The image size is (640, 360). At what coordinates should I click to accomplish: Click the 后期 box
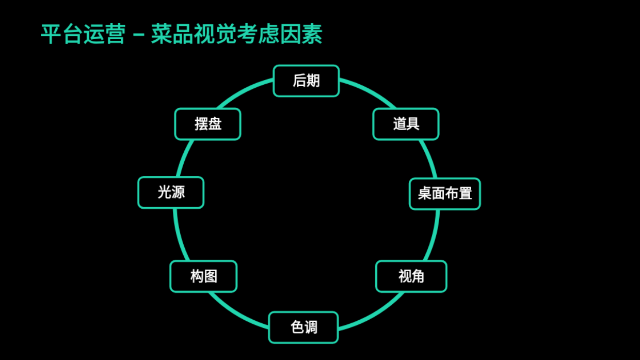[x=306, y=81]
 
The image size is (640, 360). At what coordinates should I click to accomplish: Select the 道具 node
[x=406, y=124]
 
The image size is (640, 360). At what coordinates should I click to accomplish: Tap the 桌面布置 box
[x=444, y=194]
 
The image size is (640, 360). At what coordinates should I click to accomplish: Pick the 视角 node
[x=411, y=276]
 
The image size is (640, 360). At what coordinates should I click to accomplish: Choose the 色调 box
[x=303, y=327]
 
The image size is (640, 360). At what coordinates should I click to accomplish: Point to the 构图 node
[x=203, y=276]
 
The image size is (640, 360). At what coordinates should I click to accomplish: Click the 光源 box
[x=171, y=193]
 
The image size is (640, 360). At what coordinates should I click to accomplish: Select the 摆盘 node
[x=207, y=124]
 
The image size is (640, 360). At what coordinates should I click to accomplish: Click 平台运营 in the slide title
[x=83, y=35]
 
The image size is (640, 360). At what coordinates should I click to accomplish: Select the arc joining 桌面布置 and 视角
[x=434, y=235]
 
